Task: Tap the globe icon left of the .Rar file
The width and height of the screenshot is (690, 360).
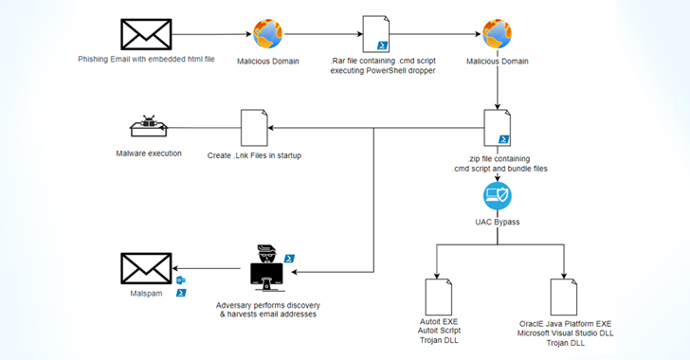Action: (x=268, y=35)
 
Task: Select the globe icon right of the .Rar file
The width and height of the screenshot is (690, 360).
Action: (x=498, y=35)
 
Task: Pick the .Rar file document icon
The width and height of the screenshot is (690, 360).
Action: (x=376, y=34)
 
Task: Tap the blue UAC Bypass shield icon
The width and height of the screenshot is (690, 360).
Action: (x=498, y=198)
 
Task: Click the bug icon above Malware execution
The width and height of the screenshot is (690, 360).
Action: (x=148, y=128)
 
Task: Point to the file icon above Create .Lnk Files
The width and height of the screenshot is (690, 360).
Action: (x=254, y=128)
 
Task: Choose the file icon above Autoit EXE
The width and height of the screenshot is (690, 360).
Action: (x=437, y=296)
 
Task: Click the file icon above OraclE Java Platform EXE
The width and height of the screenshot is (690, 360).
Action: (x=565, y=296)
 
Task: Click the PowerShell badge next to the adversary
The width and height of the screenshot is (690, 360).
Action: (x=290, y=258)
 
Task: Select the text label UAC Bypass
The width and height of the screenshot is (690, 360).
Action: (x=498, y=223)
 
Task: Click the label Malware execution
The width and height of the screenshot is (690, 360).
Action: (x=149, y=153)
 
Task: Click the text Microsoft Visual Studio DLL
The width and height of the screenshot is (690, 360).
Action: (x=565, y=333)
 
